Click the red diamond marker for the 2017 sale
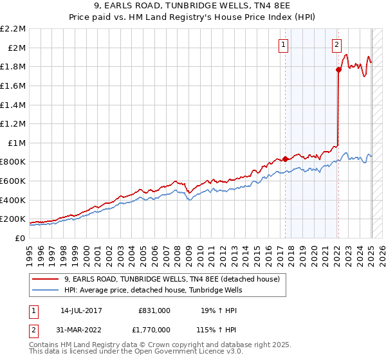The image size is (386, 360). click(x=285, y=159)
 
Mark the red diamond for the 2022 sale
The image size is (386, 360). click(x=338, y=69)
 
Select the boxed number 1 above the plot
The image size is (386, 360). click(x=284, y=44)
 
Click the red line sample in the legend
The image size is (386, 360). click(x=46, y=280)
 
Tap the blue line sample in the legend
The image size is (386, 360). click(x=46, y=291)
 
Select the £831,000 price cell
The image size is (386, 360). click(x=154, y=310)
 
